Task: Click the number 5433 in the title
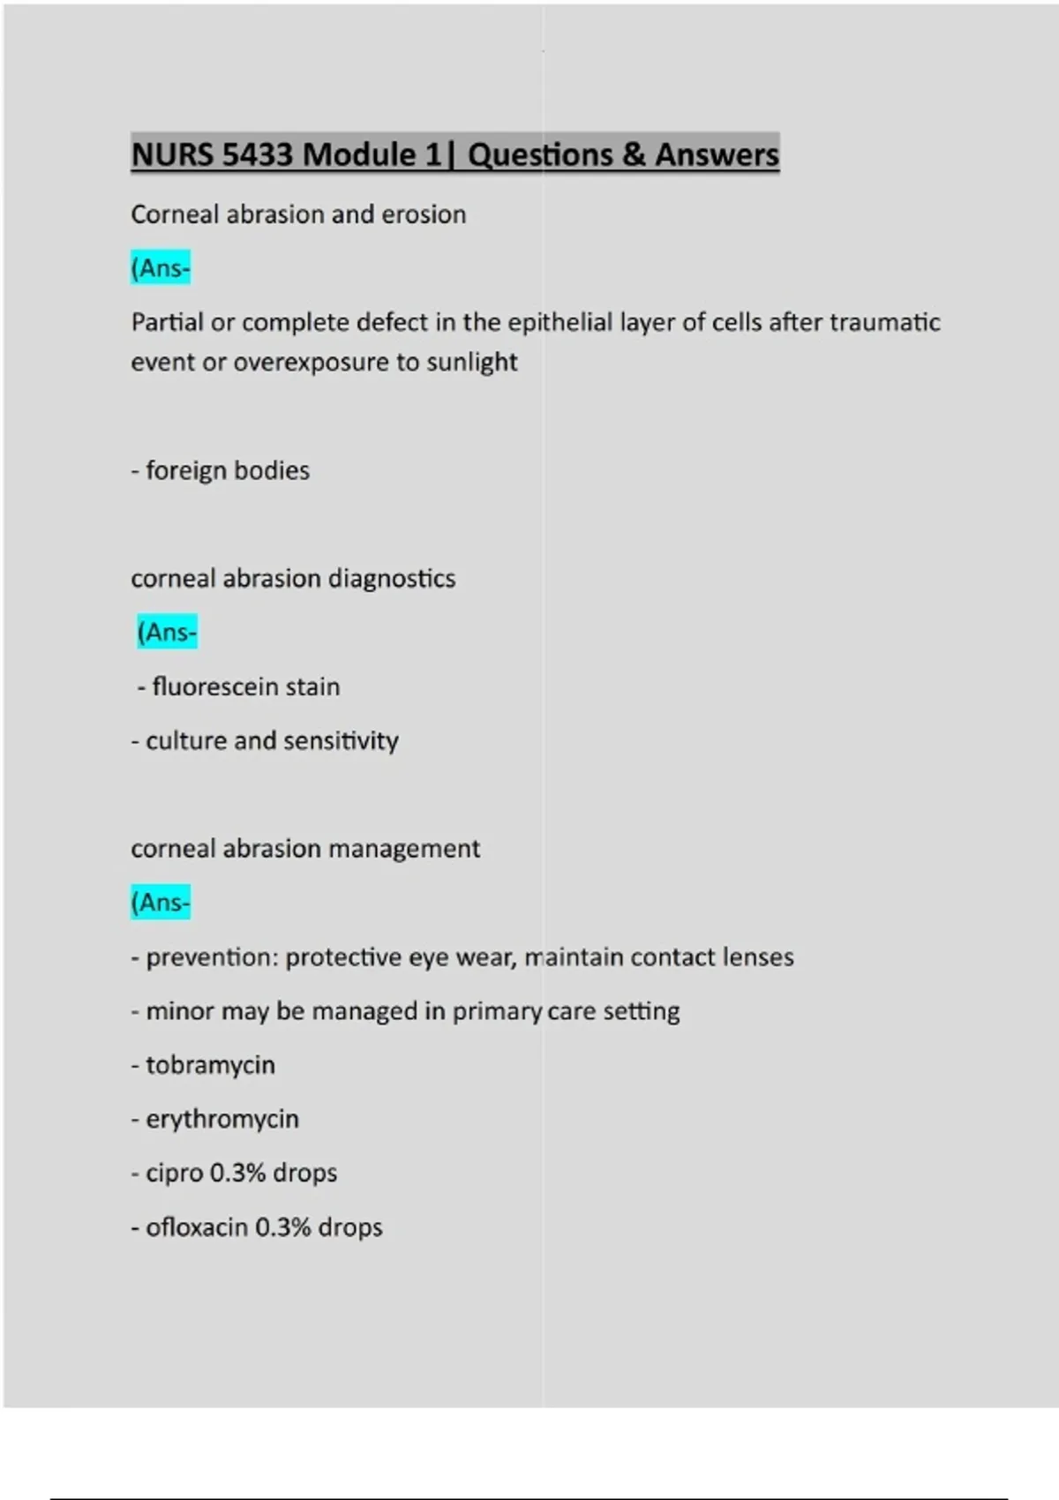point(257,154)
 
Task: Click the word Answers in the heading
point(717,154)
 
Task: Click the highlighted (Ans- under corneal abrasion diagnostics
point(167,632)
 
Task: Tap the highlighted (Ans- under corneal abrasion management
point(161,902)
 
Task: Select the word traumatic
point(885,322)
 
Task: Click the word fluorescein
point(207,686)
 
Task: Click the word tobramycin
point(210,1065)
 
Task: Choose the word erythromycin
point(222,1119)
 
